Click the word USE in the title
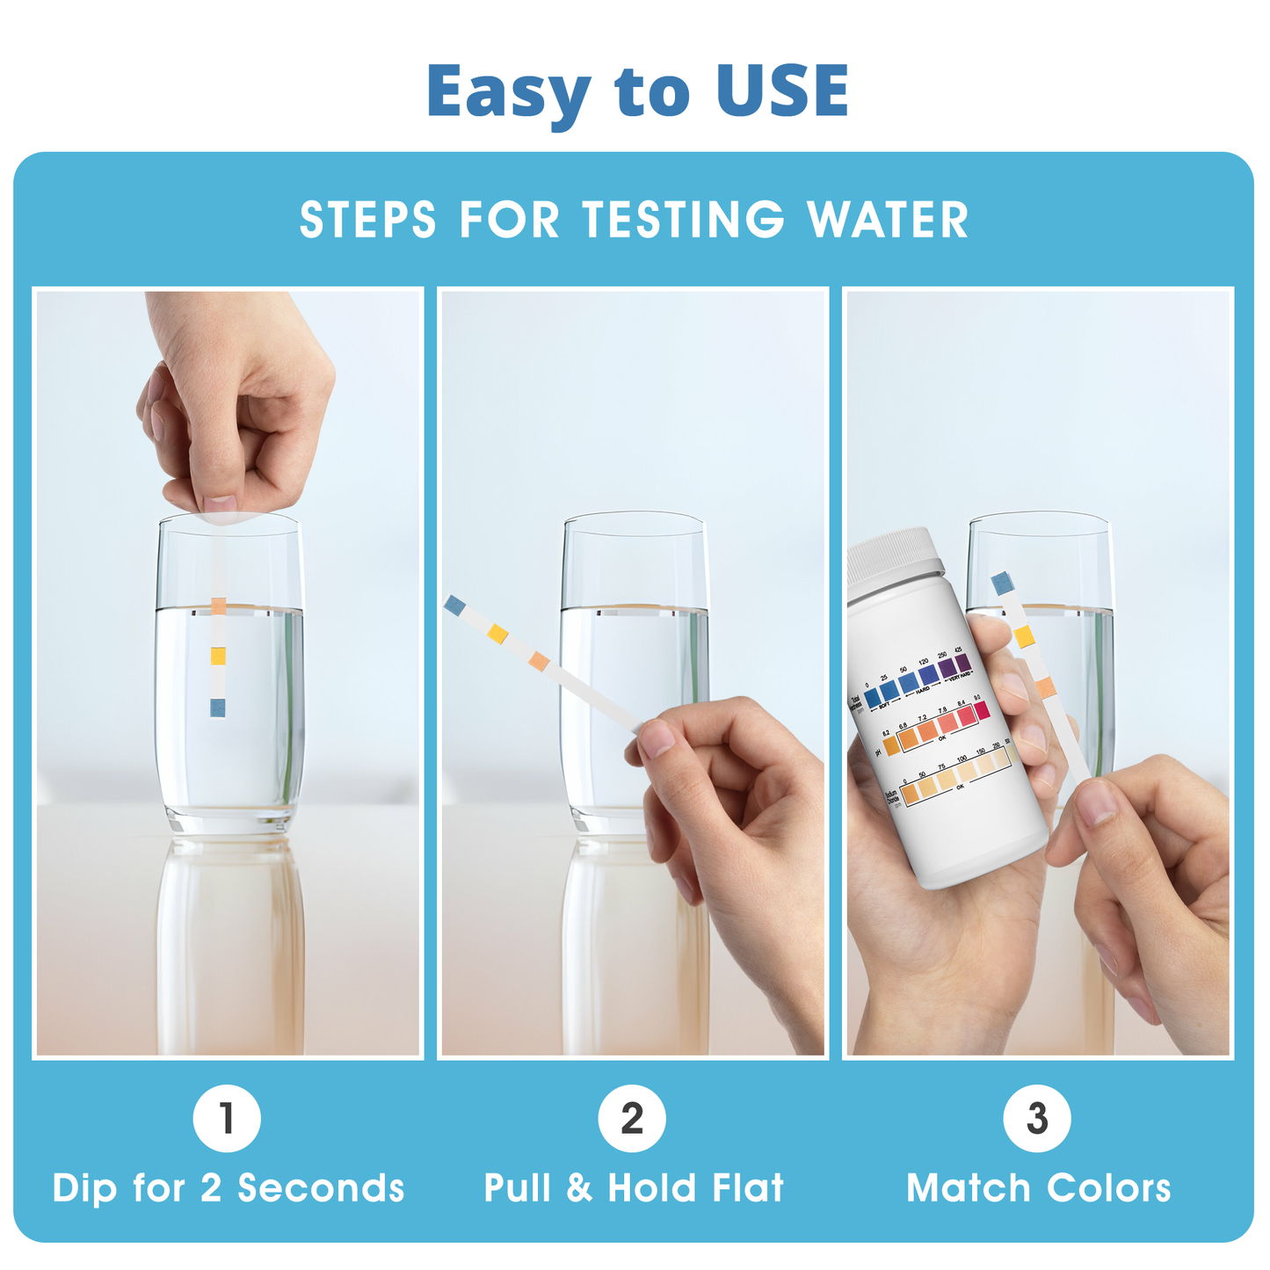781,91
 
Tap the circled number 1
227,1119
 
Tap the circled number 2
632,1119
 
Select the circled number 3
1037,1119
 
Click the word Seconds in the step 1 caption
321,1188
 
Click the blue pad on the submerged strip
217,708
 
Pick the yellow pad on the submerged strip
217,656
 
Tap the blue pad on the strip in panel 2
454,605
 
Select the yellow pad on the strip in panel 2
497,634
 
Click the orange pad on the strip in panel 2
540,662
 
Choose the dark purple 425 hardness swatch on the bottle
962,663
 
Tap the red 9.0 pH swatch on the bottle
982,711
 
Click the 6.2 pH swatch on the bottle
890,747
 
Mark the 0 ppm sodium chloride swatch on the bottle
910,794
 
